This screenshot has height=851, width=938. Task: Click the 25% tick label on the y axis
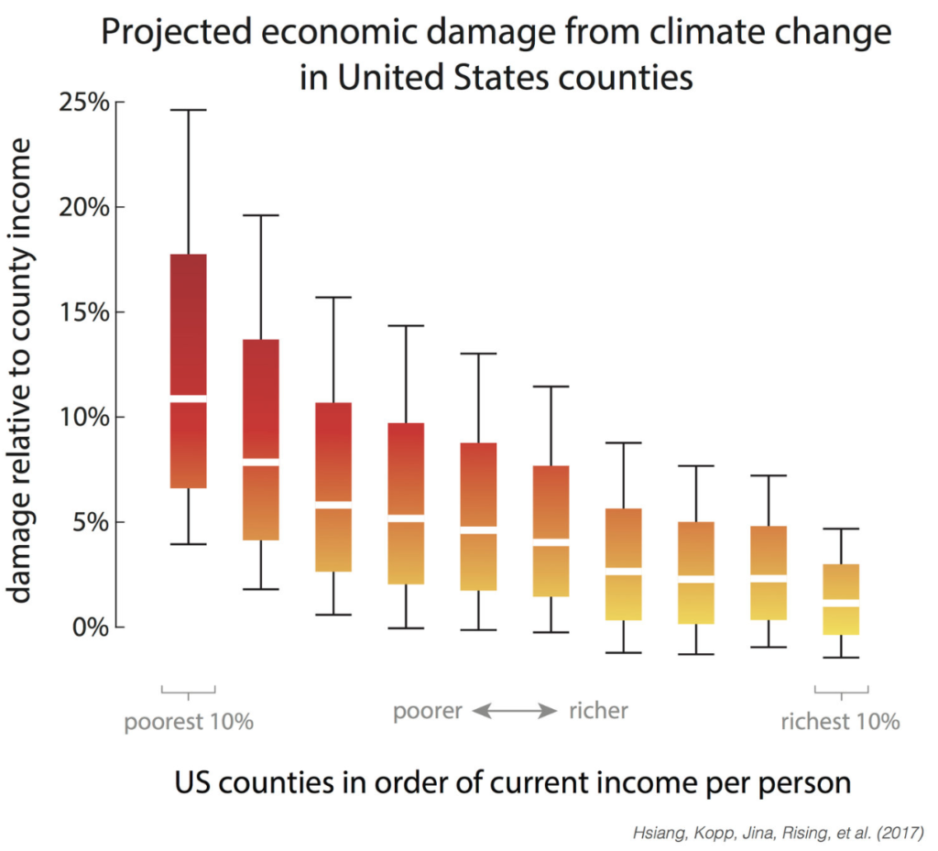pyautogui.click(x=84, y=103)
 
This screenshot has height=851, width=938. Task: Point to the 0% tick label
pyautogui.click(x=91, y=627)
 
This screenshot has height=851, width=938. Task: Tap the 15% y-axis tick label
pyautogui.click(x=84, y=312)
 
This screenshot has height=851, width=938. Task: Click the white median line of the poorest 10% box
pyautogui.click(x=189, y=398)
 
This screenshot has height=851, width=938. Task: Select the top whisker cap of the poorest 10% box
pyautogui.click(x=189, y=110)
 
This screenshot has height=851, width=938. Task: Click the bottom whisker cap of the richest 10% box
pyautogui.click(x=841, y=658)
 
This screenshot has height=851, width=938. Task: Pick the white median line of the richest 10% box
pyautogui.click(x=841, y=603)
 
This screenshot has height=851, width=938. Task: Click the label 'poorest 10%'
pyautogui.click(x=189, y=722)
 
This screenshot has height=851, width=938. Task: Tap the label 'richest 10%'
pyautogui.click(x=841, y=721)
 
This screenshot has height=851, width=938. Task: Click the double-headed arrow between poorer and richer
pyautogui.click(x=515, y=711)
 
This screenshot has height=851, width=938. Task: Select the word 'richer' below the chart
pyautogui.click(x=598, y=711)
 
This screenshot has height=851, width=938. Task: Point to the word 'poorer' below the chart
pyautogui.click(x=428, y=712)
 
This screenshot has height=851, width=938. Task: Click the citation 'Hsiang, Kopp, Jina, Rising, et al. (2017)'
pyautogui.click(x=779, y=833)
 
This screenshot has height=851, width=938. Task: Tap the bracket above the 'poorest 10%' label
pyautogui.click(x=189, y=693)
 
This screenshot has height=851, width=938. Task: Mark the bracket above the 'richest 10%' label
pyautogui.click(x=841, y=693)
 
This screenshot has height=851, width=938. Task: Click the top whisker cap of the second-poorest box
pyautogui.click(x=261, y=214)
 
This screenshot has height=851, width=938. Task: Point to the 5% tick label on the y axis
pyautogui.click(x=91, y=523)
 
